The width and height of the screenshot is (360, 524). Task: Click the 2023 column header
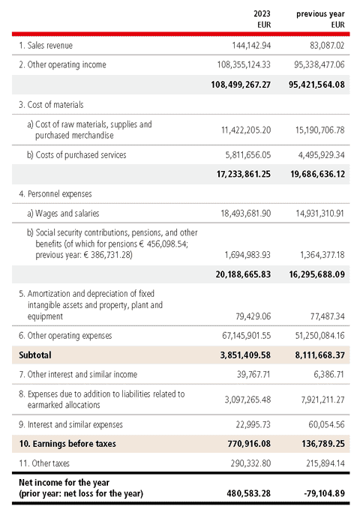tap(262, 13)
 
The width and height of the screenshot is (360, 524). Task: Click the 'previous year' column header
tap(320, 14)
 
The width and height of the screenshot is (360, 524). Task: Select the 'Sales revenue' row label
tap(49, 45)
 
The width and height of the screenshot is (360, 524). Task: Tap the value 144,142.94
tap(251, 45)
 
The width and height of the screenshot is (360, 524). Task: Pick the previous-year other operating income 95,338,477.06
tap(319, 64)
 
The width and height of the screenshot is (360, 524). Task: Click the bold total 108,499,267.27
tap(241, 85)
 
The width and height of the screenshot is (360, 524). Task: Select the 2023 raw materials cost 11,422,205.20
tap(246, 130)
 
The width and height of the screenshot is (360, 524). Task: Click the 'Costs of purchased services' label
tap(81, 154)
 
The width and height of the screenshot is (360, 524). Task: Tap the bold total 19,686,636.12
tap(317, 174)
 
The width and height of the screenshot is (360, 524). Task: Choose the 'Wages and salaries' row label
tap(67, 213)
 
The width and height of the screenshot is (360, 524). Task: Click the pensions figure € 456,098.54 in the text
tap(163, 244)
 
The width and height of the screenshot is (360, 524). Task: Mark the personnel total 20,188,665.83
tap(243, 274)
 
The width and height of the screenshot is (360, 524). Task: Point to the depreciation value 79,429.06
tap(253, 316)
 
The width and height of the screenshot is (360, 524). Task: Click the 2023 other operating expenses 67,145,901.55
tap(246, 336)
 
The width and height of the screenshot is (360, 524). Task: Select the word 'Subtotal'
tap(35, 355)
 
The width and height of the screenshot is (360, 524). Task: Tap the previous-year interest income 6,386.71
tap(328, 374)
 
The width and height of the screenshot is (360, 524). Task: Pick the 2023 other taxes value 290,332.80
tap(250, 463)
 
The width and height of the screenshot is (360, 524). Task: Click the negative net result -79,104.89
tap(324, 493)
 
